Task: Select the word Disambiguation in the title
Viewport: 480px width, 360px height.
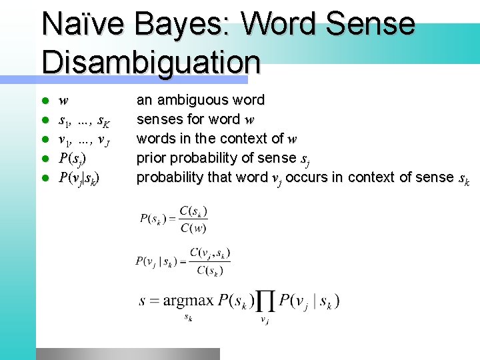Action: tap(151, 61)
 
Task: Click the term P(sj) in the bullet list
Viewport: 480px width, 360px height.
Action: tap(72, 159)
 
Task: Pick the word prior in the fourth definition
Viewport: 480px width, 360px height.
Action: tap(151, 158)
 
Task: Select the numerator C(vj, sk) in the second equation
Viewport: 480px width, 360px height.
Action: tap(210, 253)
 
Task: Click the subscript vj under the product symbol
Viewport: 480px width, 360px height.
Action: tap(265, 321)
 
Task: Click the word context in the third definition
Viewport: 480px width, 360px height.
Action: tap(251, 139)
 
